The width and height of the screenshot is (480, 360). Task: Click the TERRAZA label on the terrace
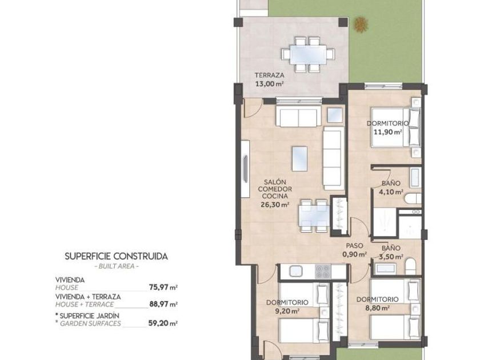[269, 75]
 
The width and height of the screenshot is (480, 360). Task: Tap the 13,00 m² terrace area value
[269, 83]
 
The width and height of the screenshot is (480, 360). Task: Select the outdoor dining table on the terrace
[308, 54]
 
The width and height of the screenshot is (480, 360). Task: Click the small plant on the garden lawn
[361, 25]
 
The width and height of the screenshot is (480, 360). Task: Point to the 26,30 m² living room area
[275, 205]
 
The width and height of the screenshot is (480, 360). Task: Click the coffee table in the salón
[299, 159]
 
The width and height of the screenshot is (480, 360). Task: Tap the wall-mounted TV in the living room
[246, 169]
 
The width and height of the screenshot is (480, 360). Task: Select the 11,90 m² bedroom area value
[388, 132]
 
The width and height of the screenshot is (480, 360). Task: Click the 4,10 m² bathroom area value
[391, 192]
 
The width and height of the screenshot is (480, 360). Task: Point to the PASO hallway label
[354, 246]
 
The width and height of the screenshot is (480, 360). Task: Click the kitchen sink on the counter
[296, 271]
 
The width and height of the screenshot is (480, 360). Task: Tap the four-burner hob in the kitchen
[323, 271]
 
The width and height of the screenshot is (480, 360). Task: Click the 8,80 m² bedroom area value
[378, 308]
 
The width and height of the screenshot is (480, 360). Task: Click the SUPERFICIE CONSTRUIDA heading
[117, 256]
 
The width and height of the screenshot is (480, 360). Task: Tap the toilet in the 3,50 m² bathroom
[410, 266]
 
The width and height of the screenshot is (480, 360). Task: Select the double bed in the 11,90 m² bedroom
[395, 127]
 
